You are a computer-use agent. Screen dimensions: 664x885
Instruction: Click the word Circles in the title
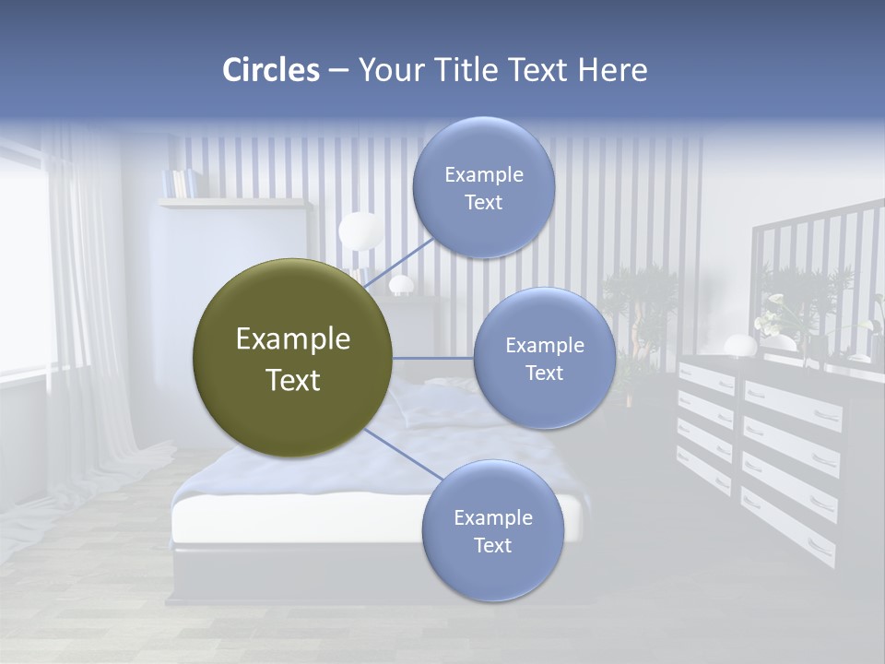271,70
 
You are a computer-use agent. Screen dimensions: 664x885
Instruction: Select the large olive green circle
292,358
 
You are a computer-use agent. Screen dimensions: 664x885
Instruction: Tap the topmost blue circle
484,187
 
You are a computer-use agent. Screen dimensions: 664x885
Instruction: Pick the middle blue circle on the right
544,358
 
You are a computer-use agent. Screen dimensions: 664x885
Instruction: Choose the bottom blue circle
492,531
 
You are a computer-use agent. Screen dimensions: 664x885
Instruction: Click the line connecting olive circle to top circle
398,261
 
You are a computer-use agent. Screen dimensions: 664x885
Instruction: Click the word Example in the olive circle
292,339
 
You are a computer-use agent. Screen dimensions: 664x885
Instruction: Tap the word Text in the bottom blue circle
492,545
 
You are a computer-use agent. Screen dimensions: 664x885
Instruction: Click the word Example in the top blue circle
484,174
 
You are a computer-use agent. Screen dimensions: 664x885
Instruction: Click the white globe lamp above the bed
360,231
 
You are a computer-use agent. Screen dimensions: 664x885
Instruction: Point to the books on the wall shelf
180,183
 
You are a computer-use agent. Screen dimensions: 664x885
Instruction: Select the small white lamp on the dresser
739,346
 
